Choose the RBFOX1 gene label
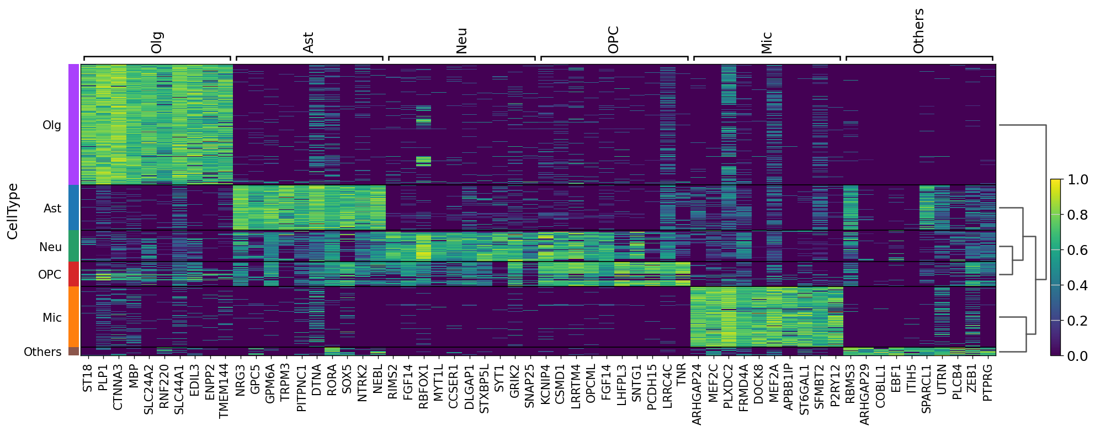pos(423,386)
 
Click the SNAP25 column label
pos(529,385)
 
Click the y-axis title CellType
pos(13,211)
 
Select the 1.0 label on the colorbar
pos(1076,179)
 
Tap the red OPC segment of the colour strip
pos(73,274)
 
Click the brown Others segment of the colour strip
pos(73,351)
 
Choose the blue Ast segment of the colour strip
pos(73,207)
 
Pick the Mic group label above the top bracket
pos(766,42)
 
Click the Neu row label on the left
pos(50,247)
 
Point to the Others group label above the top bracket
pos(918,31)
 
